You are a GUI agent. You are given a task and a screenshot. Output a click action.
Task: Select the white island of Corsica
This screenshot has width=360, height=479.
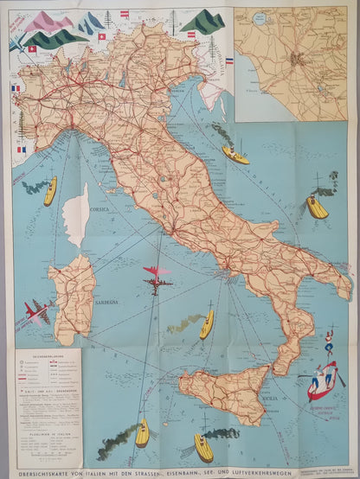point(78,214)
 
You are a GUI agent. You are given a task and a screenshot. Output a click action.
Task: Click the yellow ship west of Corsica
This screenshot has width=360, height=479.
point(50,191)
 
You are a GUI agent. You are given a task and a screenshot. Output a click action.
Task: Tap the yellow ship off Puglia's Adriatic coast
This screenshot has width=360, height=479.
point(317,207)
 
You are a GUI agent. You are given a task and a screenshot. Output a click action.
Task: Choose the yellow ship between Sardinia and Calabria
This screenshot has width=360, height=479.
point(207,324)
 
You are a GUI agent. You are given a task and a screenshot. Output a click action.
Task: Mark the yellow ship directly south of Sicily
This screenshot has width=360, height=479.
point(203,447)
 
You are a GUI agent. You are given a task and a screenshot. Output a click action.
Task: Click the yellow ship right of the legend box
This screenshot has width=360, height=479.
point(142,431)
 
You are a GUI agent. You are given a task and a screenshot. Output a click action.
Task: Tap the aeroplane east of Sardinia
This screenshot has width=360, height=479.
point(157,278)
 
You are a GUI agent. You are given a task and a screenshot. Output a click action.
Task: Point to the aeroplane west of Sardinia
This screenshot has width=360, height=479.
point(37,312)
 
